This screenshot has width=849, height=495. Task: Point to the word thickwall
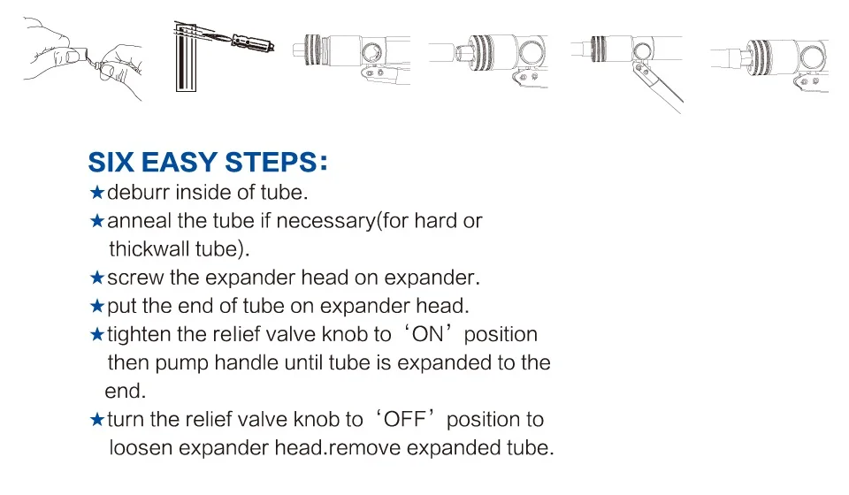click(x=149, y=249)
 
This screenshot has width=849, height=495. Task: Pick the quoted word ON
click(x=428, y=334)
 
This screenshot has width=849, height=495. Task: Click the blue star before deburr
click(x=97, y=192)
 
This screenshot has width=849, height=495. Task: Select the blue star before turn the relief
click(x=97, y=419)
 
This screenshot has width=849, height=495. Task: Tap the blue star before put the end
click(x=97, y=306)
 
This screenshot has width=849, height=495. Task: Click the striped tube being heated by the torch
click(x=186, y=57)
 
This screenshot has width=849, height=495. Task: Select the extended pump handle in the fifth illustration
click(x=659, y=88)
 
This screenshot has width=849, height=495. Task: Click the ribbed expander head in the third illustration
click(x=313, y=49)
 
